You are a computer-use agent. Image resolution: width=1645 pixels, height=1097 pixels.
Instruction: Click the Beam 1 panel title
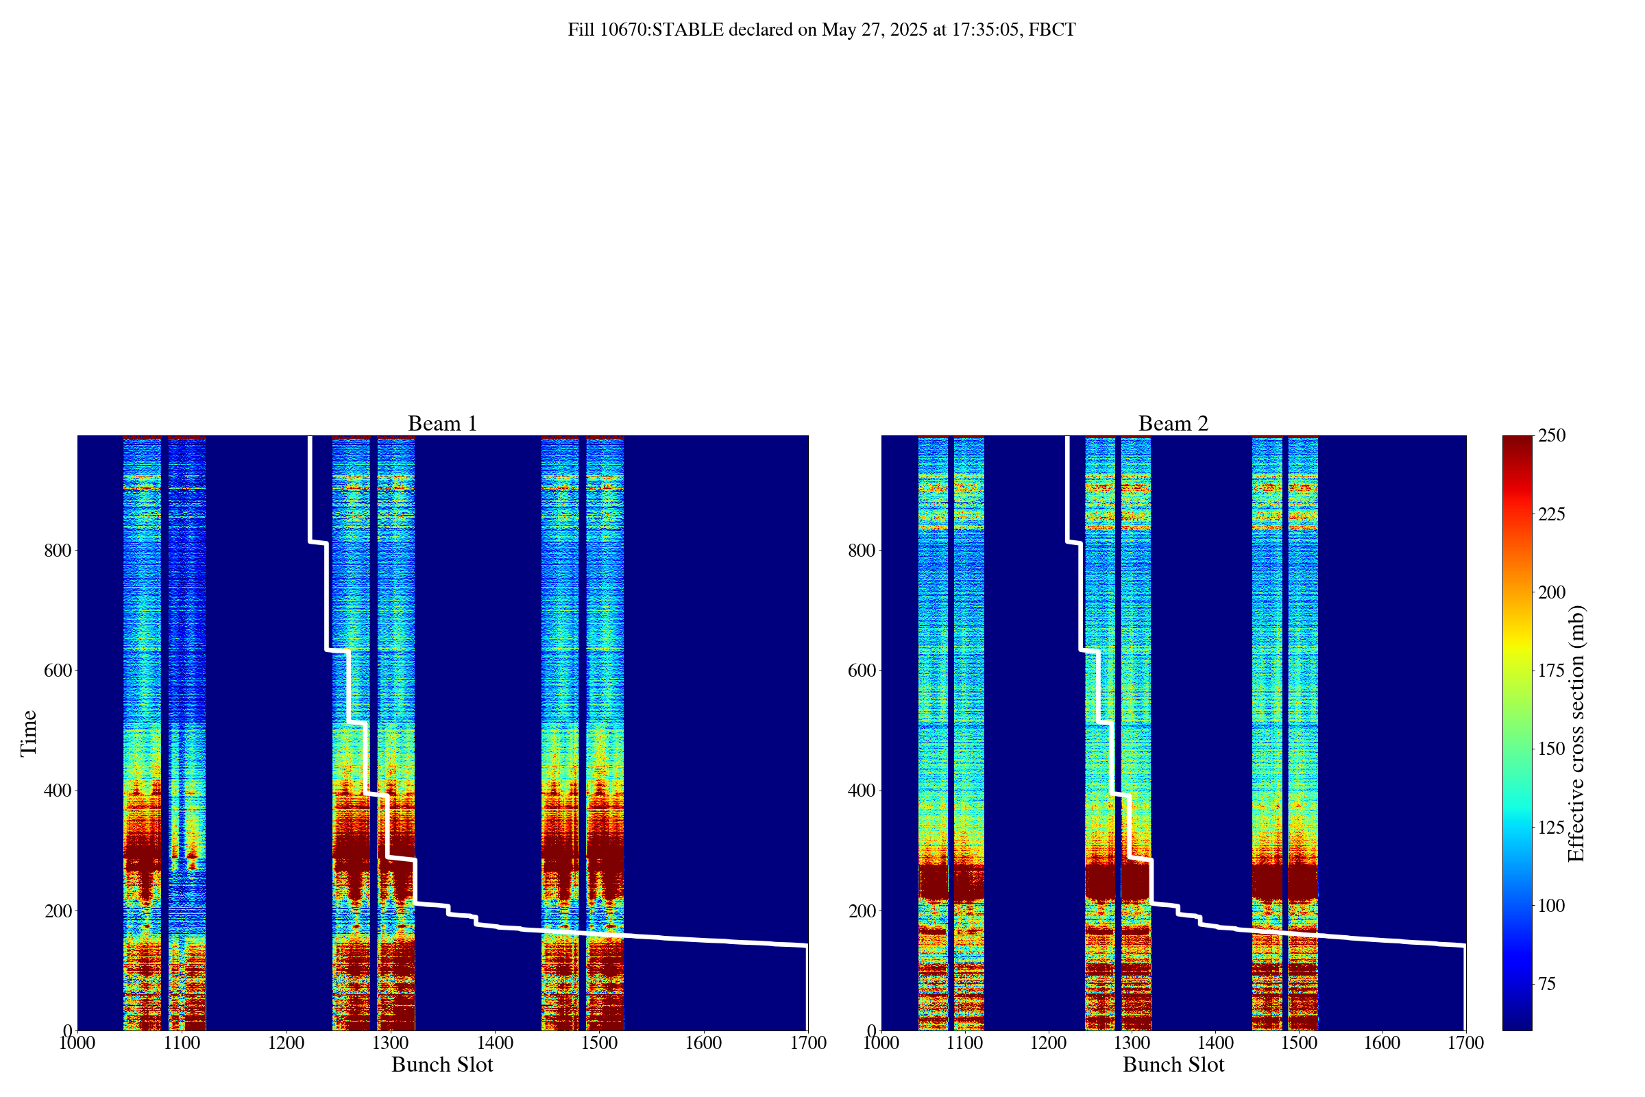(x=442, y=423)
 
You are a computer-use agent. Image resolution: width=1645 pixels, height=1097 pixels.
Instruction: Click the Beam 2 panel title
(x=1173, y=423)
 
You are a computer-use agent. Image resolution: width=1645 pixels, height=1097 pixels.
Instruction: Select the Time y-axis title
(x=29, y=732)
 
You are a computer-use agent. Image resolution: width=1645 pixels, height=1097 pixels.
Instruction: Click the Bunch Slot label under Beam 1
(x=442, y=1065)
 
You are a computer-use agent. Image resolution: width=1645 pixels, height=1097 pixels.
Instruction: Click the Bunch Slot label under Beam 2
(x=1173, y=1065)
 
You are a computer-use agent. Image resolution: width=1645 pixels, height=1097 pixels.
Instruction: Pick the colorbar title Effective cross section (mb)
(x=1576, y=732)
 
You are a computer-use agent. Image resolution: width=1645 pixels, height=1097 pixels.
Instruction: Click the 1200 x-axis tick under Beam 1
(x=286, y=1043)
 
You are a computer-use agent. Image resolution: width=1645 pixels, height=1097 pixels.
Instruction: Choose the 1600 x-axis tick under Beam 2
(x=1382, y=1043)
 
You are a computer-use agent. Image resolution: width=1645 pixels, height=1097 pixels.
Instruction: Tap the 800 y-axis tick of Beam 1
(x=58, y=551)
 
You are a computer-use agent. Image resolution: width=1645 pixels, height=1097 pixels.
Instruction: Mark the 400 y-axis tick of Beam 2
(x=862, y=791)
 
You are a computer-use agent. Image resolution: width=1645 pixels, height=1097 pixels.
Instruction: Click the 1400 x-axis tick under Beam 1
(x=494, y=1043)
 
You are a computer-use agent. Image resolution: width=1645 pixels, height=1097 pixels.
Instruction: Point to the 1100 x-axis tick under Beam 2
(x=964, y=1043)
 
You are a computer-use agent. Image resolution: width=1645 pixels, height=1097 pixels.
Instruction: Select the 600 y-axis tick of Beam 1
(x=58, y=671)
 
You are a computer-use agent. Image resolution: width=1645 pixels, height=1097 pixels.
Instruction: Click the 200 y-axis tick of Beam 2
(x=862, y=911)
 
